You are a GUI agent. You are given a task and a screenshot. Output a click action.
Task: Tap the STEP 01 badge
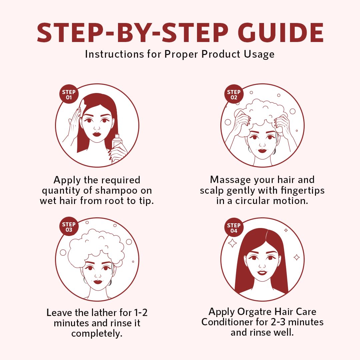coord(69,94)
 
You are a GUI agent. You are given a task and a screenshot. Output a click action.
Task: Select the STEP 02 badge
coord(234,94)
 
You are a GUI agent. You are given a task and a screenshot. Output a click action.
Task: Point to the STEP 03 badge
coord(69,227)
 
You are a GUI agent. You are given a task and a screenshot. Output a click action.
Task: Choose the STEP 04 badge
coord(234,228)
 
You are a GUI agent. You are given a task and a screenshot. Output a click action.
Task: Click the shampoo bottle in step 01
coord(117,141)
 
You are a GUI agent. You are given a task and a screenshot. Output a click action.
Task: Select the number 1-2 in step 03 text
coord(141,312)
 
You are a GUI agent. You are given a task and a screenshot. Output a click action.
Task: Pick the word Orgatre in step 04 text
coord(254,312)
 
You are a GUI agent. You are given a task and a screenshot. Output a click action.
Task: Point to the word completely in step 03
coord(97,334)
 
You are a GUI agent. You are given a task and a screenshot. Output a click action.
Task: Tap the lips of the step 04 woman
coord(262,273)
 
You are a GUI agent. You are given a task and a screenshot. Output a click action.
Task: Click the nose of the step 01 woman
coord(97,128)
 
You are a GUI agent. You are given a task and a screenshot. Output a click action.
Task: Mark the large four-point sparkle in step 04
coord(232,243)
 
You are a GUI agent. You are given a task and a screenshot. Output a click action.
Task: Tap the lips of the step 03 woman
coord(97,282)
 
